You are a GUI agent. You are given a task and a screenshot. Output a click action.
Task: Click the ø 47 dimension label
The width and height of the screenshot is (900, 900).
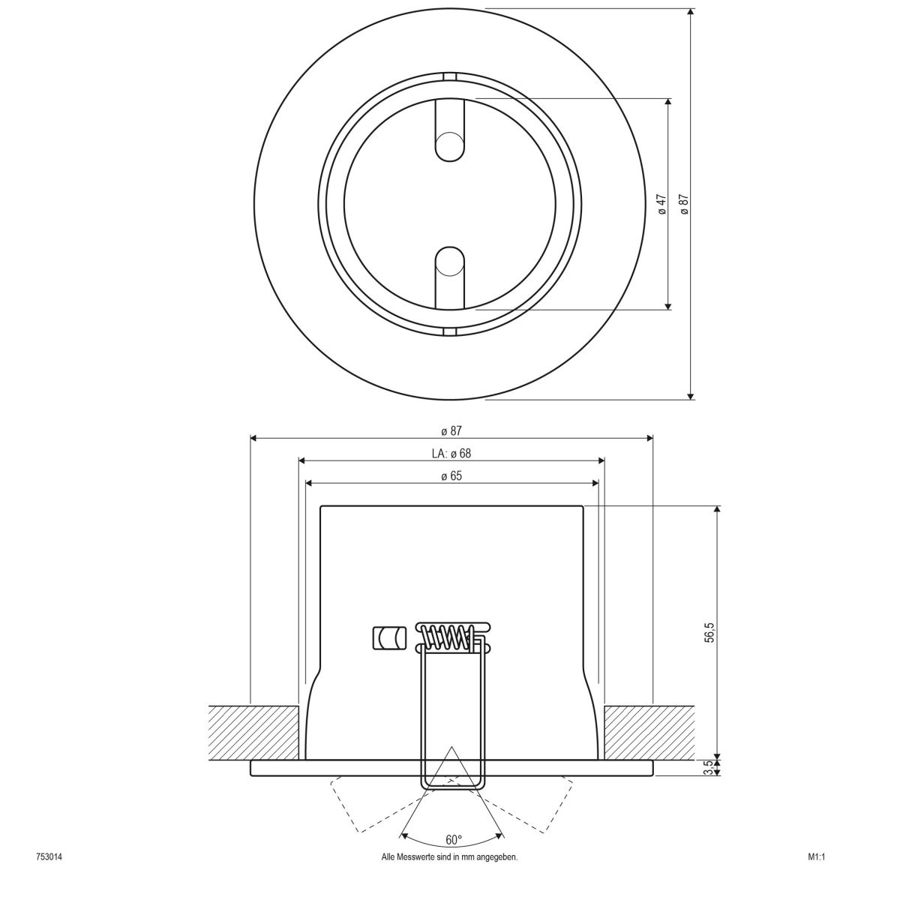(661, 204)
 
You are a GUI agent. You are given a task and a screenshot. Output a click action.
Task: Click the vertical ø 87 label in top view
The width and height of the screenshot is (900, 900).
(683, 204)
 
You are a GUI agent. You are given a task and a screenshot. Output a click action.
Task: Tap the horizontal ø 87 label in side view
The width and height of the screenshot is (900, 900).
(451, 430)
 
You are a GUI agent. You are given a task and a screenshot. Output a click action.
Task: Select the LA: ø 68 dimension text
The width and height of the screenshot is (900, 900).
(451, 453)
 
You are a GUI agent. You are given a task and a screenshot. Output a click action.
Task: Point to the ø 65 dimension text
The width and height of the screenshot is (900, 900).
(451, 475)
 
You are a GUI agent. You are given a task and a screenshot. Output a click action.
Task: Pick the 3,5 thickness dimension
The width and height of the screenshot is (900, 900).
(710, 769)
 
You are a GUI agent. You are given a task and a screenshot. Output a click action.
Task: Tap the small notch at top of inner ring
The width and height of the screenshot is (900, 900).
(450, 76)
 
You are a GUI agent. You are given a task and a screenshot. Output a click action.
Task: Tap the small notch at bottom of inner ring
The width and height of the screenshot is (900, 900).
(450, 331)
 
